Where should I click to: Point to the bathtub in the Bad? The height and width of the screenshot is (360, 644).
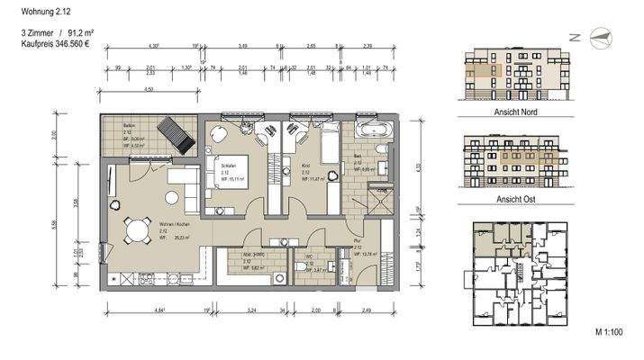click(x=371, y=130)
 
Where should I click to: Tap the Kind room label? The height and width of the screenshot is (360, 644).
click(x=292, y=166)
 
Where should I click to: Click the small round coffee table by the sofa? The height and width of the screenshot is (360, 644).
click(x=170, y=193)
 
